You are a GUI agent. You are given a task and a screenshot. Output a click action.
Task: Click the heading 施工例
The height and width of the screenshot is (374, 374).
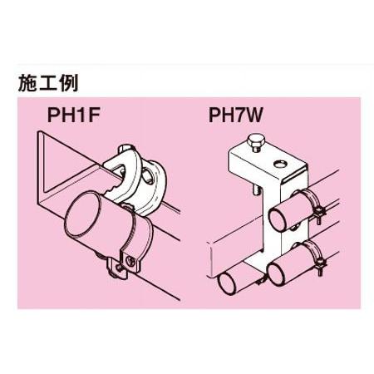[48, 83]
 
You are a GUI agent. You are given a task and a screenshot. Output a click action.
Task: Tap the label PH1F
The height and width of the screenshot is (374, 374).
[73, 115]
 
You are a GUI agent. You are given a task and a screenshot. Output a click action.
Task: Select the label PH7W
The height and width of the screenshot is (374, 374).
[235, 115]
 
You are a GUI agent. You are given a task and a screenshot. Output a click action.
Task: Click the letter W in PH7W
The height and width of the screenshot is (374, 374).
[252, 115]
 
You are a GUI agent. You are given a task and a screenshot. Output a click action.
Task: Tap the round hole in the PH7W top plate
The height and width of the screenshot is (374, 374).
[280, 164]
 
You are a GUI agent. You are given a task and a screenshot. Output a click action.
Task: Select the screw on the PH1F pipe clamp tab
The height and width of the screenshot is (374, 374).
[130, 260]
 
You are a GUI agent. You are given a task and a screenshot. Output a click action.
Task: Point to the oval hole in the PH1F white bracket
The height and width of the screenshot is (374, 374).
[147, 175]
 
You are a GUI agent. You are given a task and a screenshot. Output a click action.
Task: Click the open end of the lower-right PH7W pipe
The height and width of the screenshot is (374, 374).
[277, 273]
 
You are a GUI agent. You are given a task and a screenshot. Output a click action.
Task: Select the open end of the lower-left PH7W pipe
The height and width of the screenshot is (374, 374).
[227, 283]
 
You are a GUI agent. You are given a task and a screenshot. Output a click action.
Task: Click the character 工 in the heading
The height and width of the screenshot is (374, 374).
[48, 83]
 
